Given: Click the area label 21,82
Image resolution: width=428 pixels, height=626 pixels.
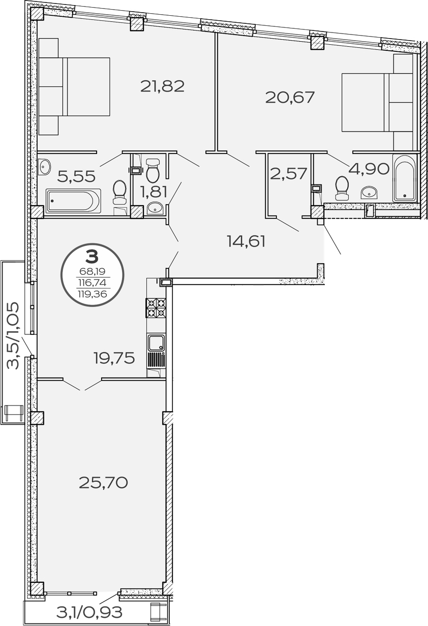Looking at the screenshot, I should pyautogui.click(x=162, y=86).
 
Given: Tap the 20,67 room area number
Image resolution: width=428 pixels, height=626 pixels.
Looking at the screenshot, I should pyautogui.click(x=290, y=97).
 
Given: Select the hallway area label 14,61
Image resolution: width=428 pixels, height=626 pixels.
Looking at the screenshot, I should pyautogui.click(x=247, y=241).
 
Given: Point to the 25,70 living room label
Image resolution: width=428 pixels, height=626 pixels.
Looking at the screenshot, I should pyautogui.click(x=103, y=482).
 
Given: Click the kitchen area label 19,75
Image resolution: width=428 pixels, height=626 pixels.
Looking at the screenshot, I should pyautogui.click(x=114, y=358).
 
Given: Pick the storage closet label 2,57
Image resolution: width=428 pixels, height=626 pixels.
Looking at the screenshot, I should pyautogui.click(x=288, y=174).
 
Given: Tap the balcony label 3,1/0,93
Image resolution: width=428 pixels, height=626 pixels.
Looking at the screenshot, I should pyautogui.click(x=89, y=612).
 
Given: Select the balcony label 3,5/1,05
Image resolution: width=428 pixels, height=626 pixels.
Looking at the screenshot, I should pyautogui.click(x=13, y=335).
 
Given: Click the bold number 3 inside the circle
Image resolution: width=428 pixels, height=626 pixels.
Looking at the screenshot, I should pyautogui.click(x=91, y=255).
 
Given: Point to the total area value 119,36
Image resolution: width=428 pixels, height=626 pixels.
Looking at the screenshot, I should pyautogui.click(x=92, y=293).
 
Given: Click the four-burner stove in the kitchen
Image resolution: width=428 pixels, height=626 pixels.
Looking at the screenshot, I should pyautogui.click(x=156, y=307).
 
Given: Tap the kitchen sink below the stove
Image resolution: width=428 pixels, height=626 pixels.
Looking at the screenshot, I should pyautogui.click(x=156, y=343).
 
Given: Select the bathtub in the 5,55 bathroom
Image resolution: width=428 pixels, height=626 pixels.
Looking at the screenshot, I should pyautogui.click(x=73, y=201).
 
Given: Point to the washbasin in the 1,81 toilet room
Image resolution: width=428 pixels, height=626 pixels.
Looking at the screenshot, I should pyautogui.click(x=155, y=208).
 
